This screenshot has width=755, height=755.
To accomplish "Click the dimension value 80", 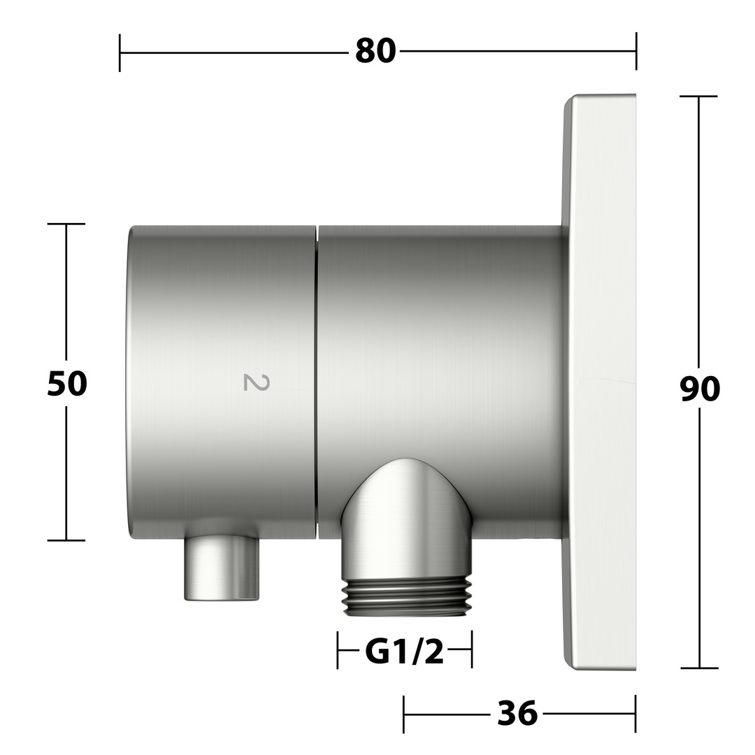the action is [x=375, y=51].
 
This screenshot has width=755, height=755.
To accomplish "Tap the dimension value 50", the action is [x=67, y=384].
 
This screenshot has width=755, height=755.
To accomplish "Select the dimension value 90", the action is [x=700, y=389].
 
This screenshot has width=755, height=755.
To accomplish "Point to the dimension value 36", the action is [x=517, y=713].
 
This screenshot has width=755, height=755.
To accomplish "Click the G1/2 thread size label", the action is [x=405, y=653].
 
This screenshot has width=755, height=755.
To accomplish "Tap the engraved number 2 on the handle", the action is [x=256, y=382].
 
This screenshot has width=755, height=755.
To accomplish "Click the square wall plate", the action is [x=600, y=382].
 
